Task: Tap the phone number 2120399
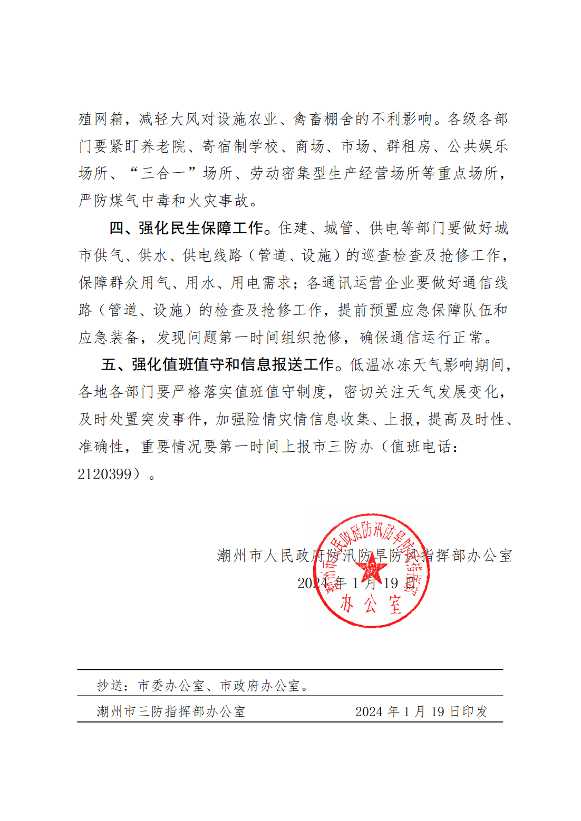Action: (x=104, y=474)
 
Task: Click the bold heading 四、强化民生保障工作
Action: (x=186, y=228)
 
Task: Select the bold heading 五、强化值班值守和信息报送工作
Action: (x=218, y=364)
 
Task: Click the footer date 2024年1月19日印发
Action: (x=421, y=712)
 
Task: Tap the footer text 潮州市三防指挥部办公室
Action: (x=171, y=712)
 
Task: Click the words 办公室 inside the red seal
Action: (x=371, y=605)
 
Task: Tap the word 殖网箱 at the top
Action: (x=101, y=119)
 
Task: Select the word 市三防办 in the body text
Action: (x=343, y=447)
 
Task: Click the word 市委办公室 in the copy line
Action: (x=171, y=686)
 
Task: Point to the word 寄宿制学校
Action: (x=240, y=146)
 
